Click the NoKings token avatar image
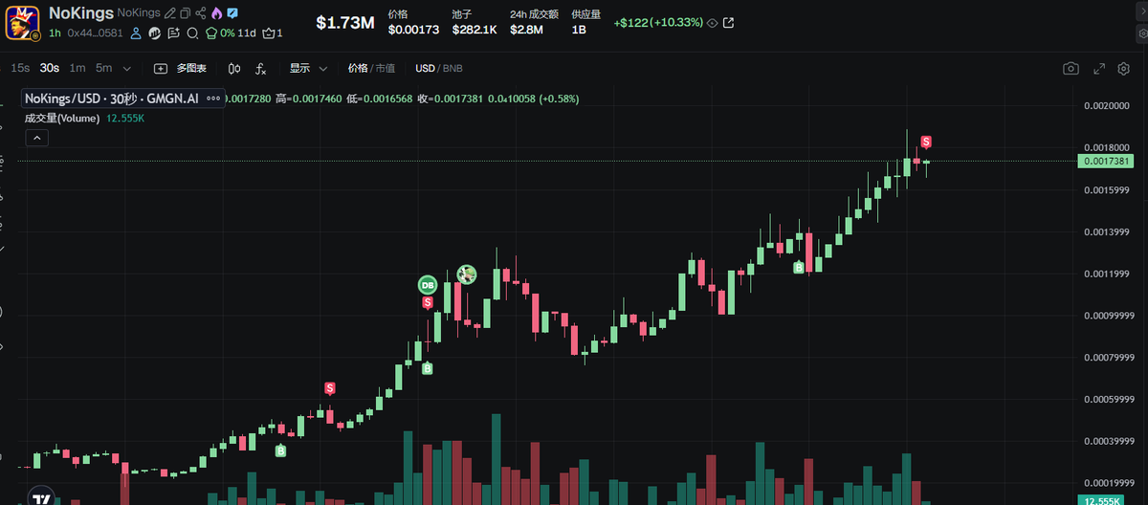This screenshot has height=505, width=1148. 21,21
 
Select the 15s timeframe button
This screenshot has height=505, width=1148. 19,68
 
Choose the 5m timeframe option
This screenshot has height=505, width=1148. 103,68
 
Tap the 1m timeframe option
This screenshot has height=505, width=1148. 77,68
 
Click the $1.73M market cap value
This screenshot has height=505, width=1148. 345,22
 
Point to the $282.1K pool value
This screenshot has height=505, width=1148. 475,30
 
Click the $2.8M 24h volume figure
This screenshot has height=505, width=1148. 526,30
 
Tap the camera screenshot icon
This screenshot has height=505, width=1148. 1071,69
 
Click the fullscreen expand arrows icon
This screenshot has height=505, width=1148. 1098,69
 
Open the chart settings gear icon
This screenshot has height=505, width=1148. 1124,69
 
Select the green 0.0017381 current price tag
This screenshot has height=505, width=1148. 1107,162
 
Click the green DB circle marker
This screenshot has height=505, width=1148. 428,284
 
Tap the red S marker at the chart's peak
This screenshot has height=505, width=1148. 926,143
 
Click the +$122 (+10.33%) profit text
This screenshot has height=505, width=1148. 658,22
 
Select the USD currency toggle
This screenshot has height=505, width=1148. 425,68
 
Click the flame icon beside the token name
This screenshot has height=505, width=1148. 216,13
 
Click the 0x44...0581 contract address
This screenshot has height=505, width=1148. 95,33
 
